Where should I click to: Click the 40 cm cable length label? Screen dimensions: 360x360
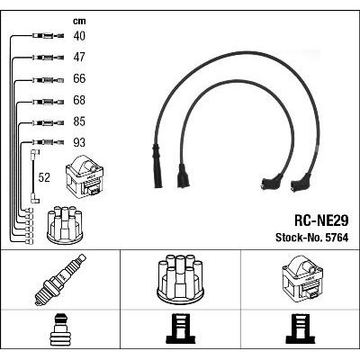tap(79, 36)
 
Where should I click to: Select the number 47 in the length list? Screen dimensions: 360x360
tap(79, 57)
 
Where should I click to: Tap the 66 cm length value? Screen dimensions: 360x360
tap(79, 78)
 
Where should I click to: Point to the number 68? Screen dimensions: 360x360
tap(79, 100)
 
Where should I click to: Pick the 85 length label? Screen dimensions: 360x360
tap(79, 121)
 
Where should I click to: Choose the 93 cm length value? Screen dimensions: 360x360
tap(79, 142)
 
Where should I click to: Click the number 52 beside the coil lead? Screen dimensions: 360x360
tap(44, 177)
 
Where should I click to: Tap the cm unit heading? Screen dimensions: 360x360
tap(79, 21)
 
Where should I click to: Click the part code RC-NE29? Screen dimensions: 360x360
tap(321, 221)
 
